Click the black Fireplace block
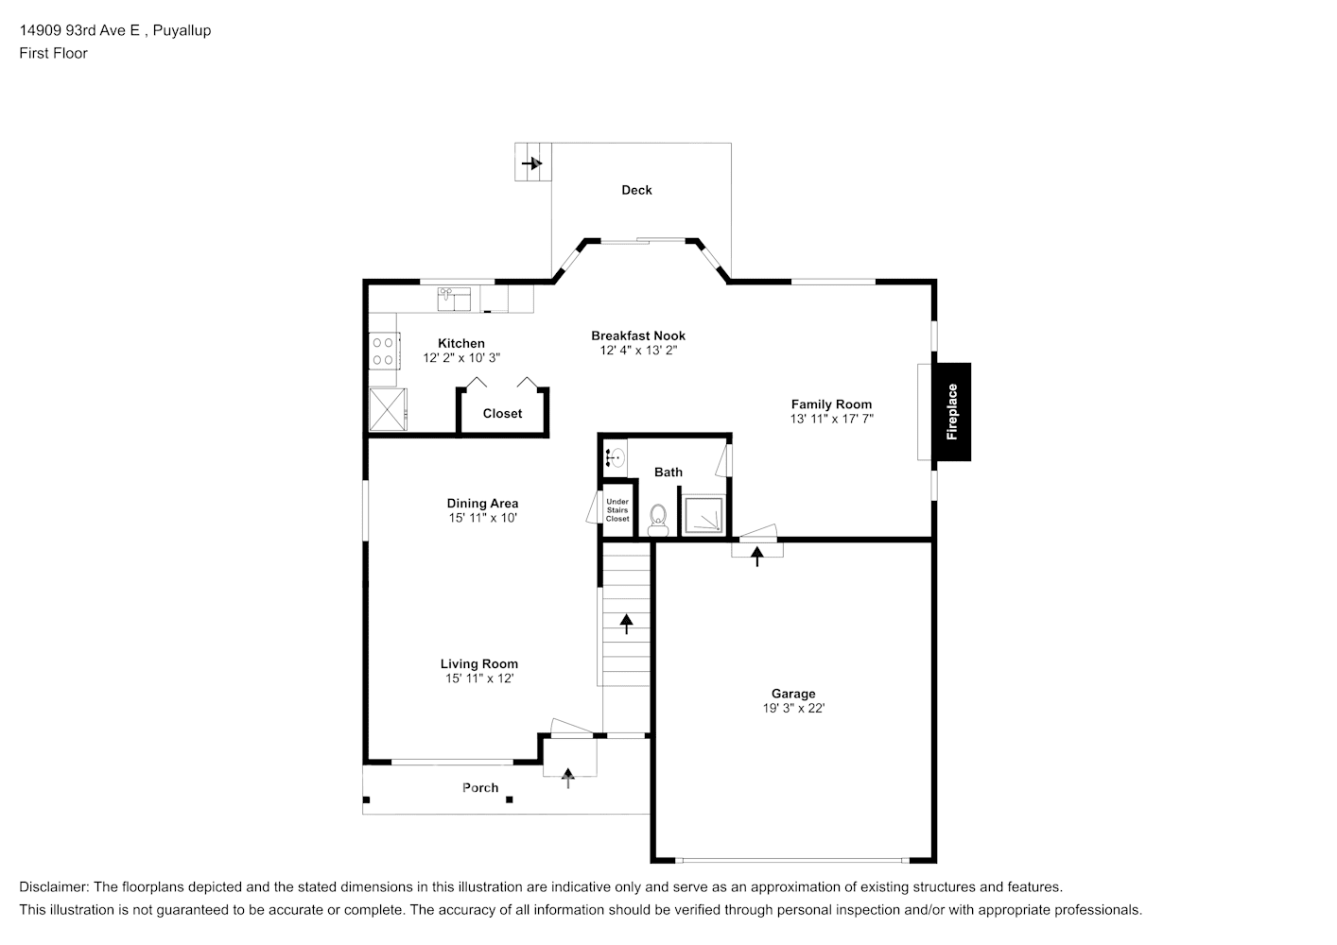[x=953, y=412]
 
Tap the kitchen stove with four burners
[x=384, y=352]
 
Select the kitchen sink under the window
[x=454, y=299]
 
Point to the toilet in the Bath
[x=658, y=521]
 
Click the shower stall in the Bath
[x=703, y=515]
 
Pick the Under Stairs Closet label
[x=617, y=510]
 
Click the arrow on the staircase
[x=626, y=624]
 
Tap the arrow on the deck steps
[x=531, y=163]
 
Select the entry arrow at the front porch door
[x=567, y=778]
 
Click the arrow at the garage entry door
[x=756, y=557]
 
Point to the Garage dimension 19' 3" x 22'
[x=793, y=708]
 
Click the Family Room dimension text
[x=831, y=419]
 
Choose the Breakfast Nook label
[x=638, y=335]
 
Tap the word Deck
[x=636, y=190]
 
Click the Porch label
[x=480, y=787]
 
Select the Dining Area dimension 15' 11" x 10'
[x=482, y=518]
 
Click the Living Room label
[x=478, y=663]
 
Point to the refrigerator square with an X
[x=388, y=409]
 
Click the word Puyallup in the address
[x=182, y=30]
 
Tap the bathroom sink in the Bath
[x=616, y=457]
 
